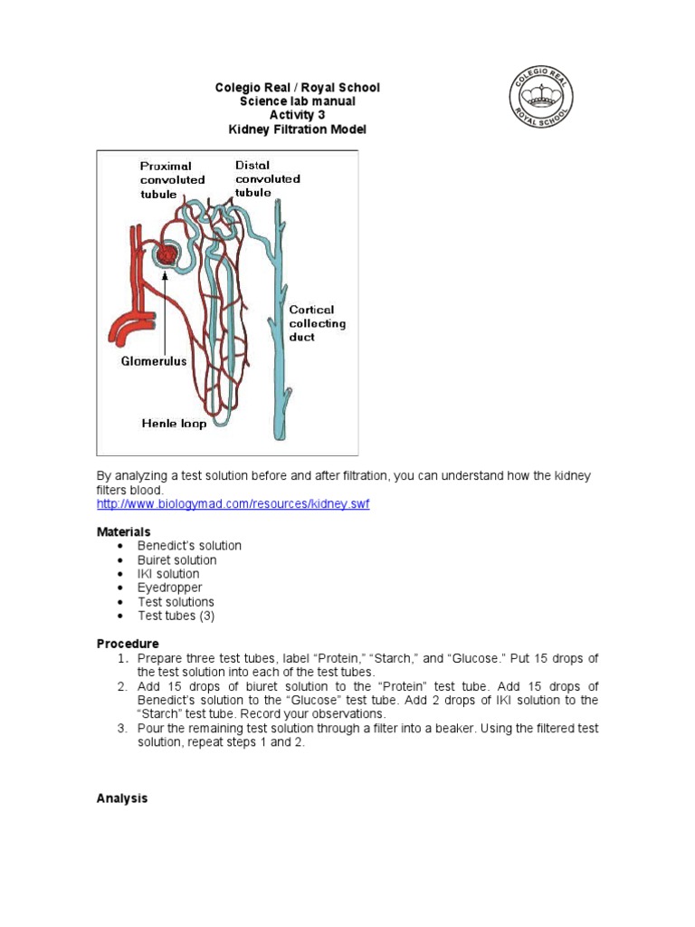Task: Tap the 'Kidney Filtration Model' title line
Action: [x=297, y=130]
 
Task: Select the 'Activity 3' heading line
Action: [x=297, y=116]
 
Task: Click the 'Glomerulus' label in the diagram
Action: [x=154, y=360]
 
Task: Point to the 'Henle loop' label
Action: [x=174, y=423]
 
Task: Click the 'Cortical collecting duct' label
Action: [x=317, y=323]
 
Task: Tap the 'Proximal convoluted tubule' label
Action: [x=172, y=179]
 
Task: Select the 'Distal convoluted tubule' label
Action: [x=267, y=178]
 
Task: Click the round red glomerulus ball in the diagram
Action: [x=167, y=256]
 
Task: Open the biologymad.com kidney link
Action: [x=233, y=504]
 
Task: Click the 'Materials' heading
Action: [x=124, y=531]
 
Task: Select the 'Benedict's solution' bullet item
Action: [x=189, y=546]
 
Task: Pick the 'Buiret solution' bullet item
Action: [x=177, y=560]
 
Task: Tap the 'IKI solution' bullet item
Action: [x=168, y=574]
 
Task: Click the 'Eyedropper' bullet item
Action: [x=169, y=588]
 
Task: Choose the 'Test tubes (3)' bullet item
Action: [x=176, y=616]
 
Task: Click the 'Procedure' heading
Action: [x=128, y=644]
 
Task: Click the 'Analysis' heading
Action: [x=122, y=799]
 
